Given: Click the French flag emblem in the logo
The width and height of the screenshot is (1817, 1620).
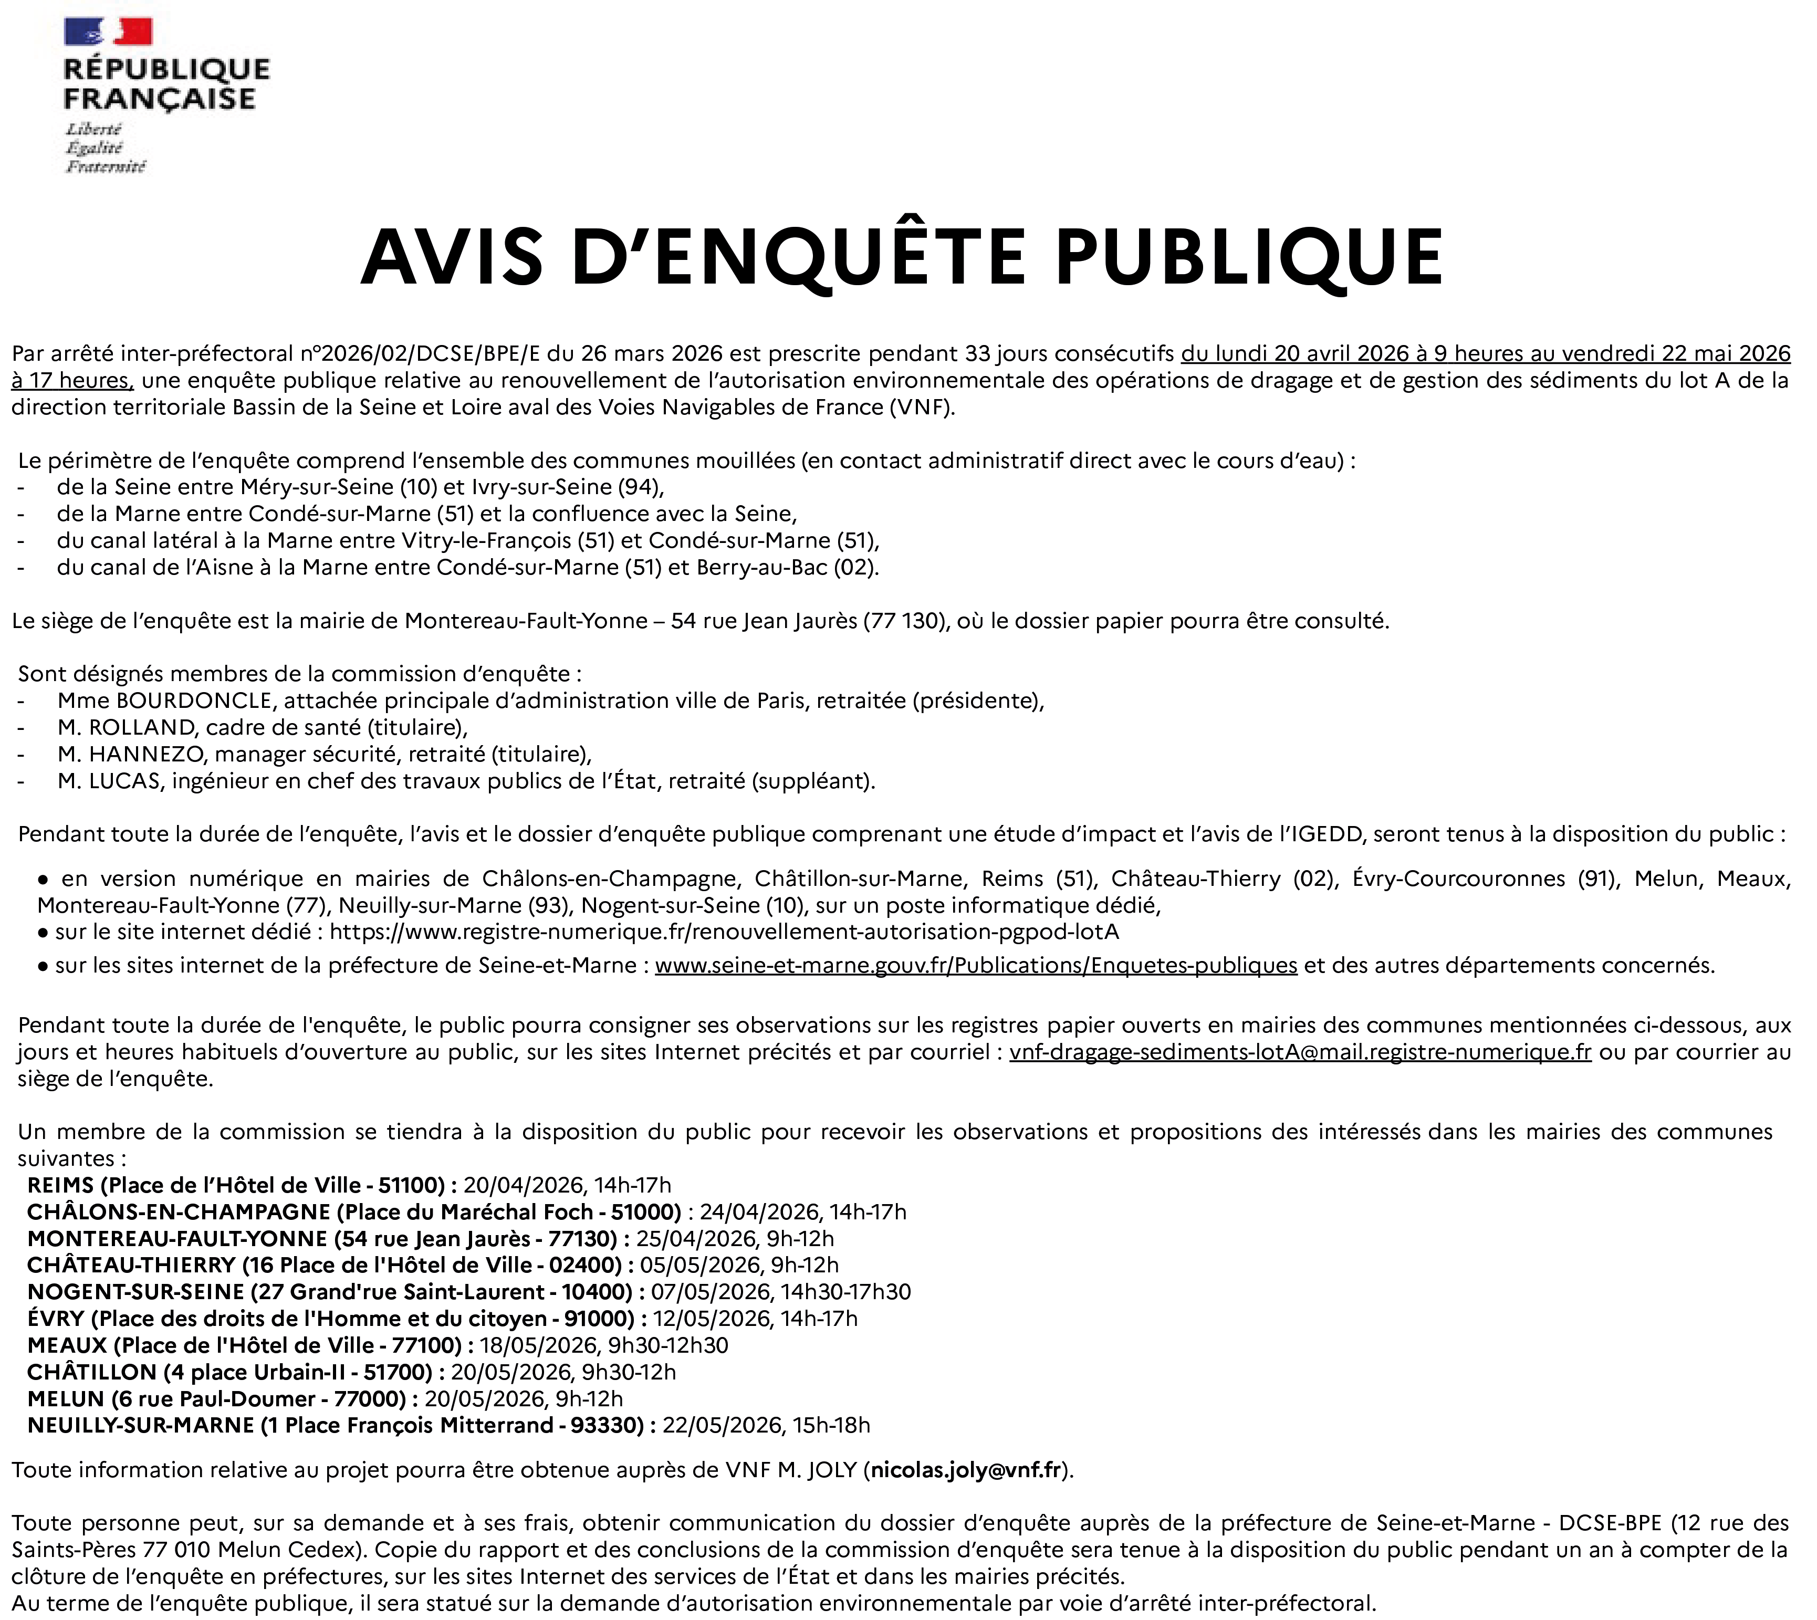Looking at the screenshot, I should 108,32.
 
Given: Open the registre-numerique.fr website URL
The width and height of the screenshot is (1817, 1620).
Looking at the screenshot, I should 724,931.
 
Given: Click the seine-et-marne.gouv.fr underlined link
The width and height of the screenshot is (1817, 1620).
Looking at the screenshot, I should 976,965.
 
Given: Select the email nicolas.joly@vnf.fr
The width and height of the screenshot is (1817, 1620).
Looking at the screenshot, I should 966,1470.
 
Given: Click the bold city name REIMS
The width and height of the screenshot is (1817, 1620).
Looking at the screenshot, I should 60,1185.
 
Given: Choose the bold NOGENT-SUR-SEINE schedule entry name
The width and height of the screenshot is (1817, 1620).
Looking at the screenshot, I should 135,1292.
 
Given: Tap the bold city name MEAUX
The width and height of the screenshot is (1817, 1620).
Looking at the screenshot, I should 67,1345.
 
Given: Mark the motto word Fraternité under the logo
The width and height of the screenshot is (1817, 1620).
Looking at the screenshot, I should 105,166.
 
